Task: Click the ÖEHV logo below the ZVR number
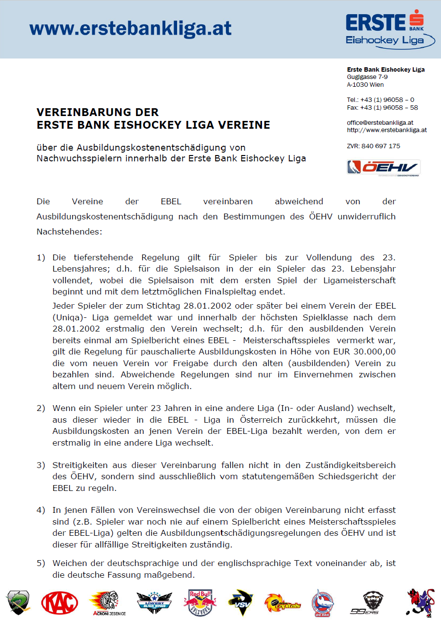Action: click(383, 167)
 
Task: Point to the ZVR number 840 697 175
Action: click(381, 146)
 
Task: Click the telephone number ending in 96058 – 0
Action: click(381, 100)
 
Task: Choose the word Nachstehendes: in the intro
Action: click(69, 232)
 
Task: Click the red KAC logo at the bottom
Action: click(60, 603)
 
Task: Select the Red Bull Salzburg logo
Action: click(200, 603)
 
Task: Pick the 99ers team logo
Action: click(373, 603)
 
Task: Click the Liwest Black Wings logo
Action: click(154, 603)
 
